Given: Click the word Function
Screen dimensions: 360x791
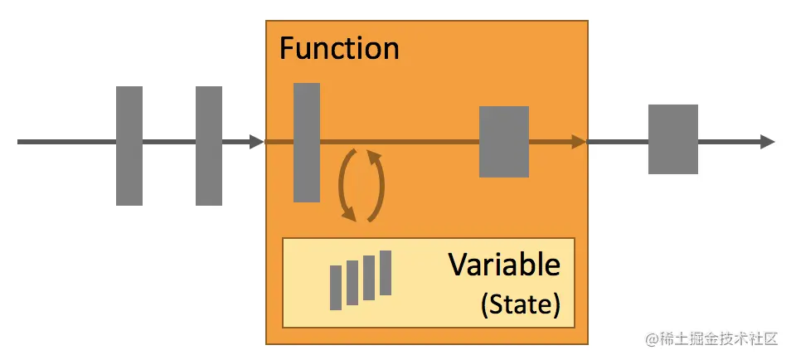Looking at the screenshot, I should (339, 48).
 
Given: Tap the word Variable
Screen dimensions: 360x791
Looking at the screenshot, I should (504, 265).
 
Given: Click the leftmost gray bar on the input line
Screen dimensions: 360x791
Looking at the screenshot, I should (129, 145).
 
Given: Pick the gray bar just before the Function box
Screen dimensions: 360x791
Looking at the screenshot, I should (209, 145).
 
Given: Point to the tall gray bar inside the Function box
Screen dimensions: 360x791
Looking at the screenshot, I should (307, 142).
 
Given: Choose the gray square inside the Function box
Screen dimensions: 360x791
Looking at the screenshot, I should (504, 142).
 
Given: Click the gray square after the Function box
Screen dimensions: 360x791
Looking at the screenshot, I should (672, 139).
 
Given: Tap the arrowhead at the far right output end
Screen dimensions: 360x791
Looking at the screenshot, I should (767, 142).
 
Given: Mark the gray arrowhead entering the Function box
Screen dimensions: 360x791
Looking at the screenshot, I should (256, 142).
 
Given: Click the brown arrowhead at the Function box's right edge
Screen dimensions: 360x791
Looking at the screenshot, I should (579, 142).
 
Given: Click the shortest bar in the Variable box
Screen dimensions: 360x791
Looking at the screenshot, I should (336, 287).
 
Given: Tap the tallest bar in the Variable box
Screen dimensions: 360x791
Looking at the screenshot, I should (385, 272).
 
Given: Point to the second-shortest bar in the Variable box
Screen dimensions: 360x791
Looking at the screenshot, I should (352, 282).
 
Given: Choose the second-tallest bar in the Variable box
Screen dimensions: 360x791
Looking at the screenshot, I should (369, 277).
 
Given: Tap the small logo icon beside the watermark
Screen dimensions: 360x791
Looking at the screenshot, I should (649, 339).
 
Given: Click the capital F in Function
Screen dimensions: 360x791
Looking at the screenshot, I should (286, 49).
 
